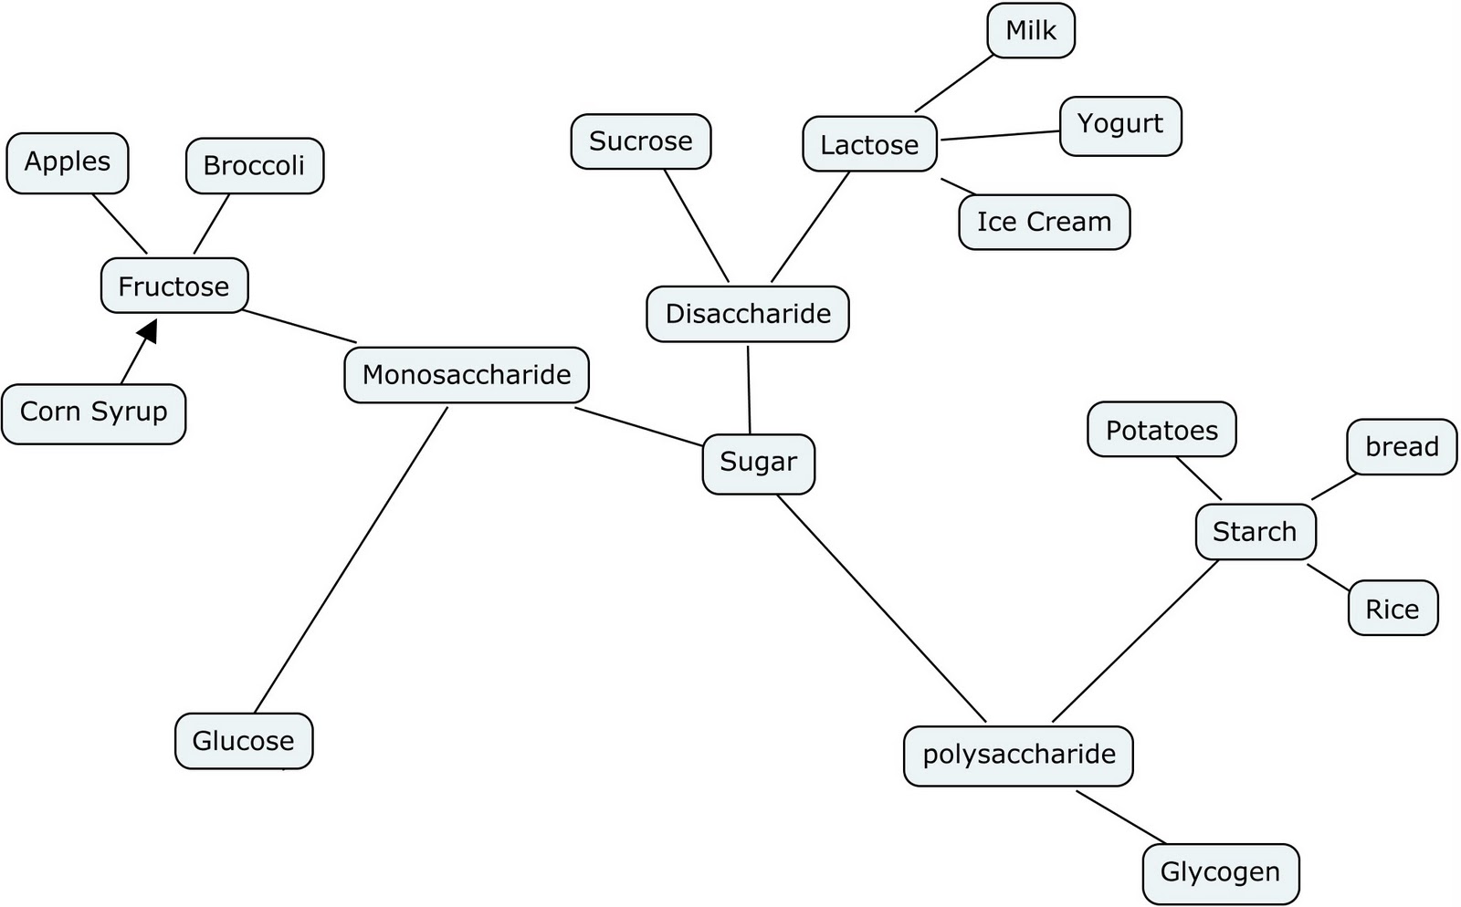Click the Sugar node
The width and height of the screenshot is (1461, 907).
click(758, 464)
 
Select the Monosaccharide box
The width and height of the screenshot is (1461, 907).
click(467, 375)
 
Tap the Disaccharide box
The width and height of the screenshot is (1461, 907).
click(748, 314)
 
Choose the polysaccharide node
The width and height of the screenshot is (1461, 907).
click(1018, 756)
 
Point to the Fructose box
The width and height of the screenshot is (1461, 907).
click(173, 286)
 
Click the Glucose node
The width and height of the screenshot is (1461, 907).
click(244, 740)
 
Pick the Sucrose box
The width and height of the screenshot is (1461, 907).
click(641, 141)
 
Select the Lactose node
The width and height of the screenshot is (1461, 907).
click(869, 144)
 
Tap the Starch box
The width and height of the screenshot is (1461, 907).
click(1256, 532)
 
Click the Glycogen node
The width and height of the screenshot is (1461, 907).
click(1220, 872)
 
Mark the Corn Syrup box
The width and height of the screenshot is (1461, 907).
click(93, 413)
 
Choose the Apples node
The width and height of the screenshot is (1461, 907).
click(68, 162)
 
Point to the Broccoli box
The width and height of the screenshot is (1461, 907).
click(254, 165)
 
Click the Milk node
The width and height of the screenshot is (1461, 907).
click(1031, 31)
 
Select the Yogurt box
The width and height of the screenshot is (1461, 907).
click(1119, 125)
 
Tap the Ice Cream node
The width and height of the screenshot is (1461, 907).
click(1044, 222)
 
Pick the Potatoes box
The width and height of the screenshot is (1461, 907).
click(1161, 430)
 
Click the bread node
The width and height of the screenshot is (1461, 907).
click(1402, 447)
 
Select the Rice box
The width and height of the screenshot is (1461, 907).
click(1393, 609)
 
